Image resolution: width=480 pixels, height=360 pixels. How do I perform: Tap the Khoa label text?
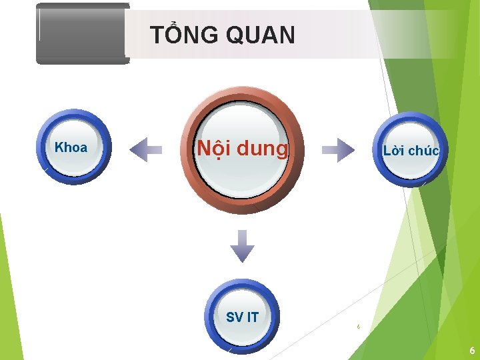(71, 148)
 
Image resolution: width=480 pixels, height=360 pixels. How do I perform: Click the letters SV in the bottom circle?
(234, 317)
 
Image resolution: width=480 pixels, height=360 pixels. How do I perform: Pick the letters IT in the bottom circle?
(252, 317)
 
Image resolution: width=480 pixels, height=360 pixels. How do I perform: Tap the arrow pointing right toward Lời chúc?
(339, 149)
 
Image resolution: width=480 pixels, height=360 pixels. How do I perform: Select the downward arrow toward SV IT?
(242, 246)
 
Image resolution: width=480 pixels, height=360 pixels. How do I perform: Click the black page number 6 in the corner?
(472, 351)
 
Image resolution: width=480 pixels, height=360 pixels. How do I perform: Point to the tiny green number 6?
(359, 327)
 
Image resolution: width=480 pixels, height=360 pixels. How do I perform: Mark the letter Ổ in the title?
(175, 34)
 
